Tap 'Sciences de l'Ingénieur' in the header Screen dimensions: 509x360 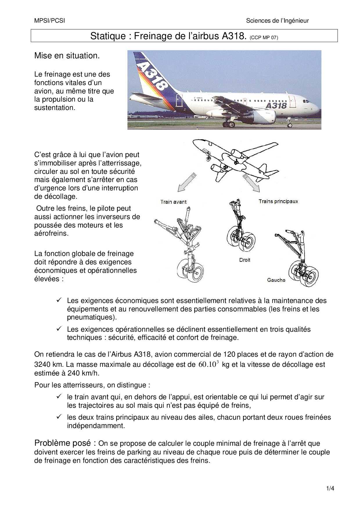pyautogui.click(x=277, y=21)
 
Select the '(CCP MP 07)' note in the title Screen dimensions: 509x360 pyautogui.click(x=264, y=37)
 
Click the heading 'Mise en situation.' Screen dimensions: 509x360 pyautogui.click(x=67, y=56)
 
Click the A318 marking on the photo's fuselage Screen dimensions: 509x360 pyautogui.click(x=276, y=105)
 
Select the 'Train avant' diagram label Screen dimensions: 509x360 pyautogui.click(x=173, y=202)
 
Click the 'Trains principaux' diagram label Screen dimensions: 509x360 pyautogui.click(x=278, y=201)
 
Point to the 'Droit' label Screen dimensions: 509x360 pyautogui.click(x=244, y=260)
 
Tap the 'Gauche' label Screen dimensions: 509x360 pyautogui.click(x=276, y=280)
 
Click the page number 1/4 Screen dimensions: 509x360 pyautogui.click(x=330, y=488)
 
